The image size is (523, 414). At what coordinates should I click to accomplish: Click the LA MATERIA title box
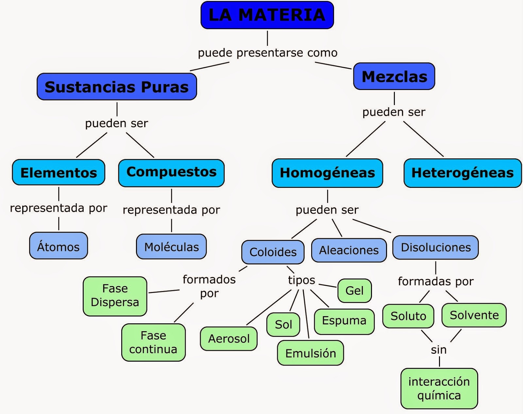click(267, 15)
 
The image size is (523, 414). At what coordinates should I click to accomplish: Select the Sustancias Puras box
click(117, 87)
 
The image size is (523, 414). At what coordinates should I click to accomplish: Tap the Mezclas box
click(394, 77)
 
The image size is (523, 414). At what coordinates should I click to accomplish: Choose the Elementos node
click(59, 172)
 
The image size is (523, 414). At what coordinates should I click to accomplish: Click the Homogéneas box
click(327, 173)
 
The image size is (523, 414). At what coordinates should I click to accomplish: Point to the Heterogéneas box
click(462, 173)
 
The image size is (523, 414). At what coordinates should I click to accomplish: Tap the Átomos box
click(59, 246)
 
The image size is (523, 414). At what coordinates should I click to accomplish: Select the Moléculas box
click(171, 247)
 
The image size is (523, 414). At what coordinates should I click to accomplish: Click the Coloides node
click(273, 252)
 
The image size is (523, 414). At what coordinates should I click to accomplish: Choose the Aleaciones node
click(349, 250)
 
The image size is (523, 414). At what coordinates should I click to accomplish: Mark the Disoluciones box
click(435, 247)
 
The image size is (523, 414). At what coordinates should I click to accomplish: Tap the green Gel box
click(354, 291)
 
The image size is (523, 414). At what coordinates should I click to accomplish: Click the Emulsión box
click(311, 353)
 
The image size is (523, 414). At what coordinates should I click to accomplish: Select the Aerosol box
click(229, 338)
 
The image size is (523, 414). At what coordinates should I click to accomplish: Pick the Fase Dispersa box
click(115, 296)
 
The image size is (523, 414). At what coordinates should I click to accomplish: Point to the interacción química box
click(439, 388)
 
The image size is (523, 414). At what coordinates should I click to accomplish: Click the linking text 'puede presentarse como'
click(268, 53)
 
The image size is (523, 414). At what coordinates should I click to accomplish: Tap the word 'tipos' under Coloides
click(301, 280)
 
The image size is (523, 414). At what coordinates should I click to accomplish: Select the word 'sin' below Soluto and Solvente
click(438, 350)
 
